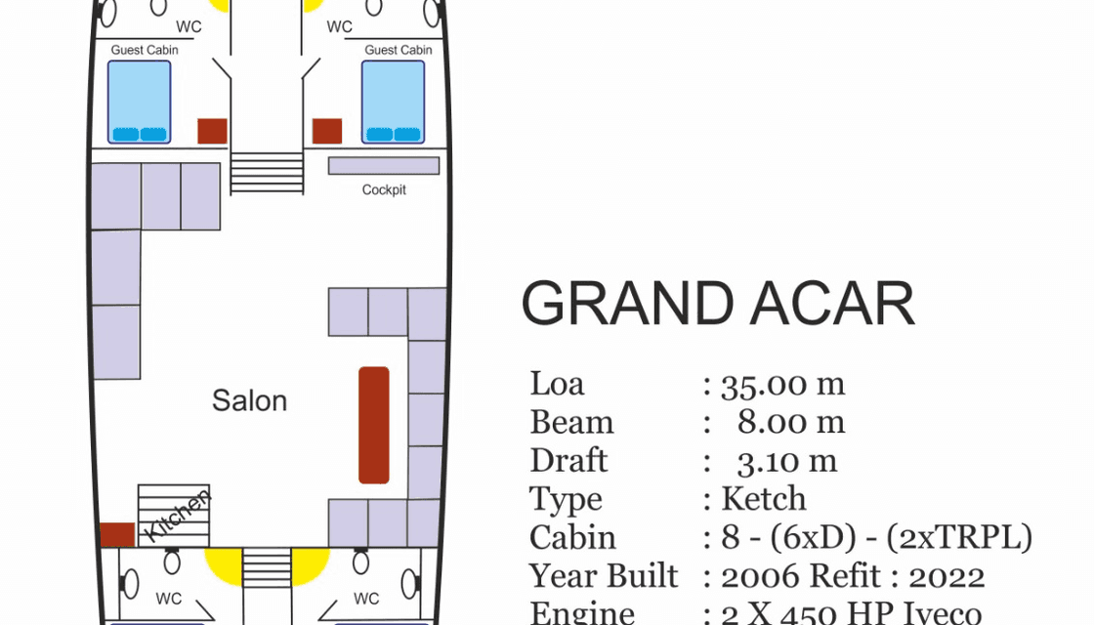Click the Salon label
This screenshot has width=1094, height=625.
tap(250, 400)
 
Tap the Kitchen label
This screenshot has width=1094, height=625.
tap(177, 517)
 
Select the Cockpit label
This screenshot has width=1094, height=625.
tap(384, 189)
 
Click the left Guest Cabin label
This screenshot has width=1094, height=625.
tap(145, 50)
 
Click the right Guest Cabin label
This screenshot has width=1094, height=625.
tap(399, 50)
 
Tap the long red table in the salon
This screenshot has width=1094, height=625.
tap(374, 425)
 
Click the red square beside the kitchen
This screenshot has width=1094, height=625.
tap(117, 535)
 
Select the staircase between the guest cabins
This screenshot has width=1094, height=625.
tap(267, 173)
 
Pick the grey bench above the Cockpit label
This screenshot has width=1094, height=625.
tap(384, 166)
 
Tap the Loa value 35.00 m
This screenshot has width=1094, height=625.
tap(782, 385)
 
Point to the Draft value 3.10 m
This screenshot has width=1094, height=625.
tap(788, 461)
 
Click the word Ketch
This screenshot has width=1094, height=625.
tap(764, 499)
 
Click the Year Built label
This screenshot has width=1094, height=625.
tap(604, 576)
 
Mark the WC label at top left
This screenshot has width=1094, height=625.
tap(189, 26)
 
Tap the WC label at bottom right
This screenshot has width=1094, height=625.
tap(366, 598)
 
